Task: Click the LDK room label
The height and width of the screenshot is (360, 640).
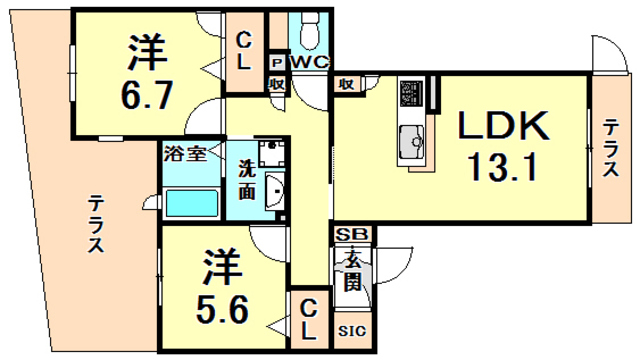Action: [x=503, y=127]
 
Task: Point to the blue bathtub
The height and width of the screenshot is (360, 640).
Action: [x=191, y=204]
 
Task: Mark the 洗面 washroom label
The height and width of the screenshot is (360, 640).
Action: [x=245, y=177]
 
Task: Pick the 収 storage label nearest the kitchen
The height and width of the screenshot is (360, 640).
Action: [x=345, y=85]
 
